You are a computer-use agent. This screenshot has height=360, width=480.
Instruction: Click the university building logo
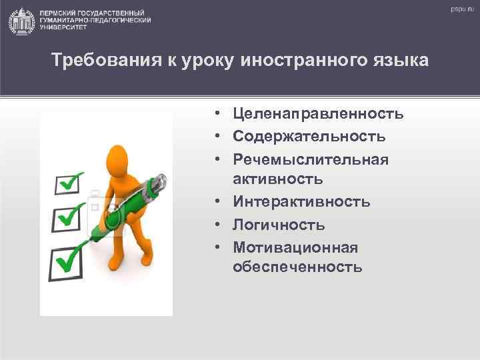tap(22, 21)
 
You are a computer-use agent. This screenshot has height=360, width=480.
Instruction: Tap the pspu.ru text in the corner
tap(459, 10)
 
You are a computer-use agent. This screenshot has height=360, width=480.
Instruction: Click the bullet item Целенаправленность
tap(318, 114)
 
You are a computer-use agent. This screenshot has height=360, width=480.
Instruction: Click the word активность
tap(278, 179)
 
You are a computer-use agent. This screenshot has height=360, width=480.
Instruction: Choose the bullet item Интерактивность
tap(301, 201)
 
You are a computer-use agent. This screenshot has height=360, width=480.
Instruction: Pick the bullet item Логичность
tap(279, 224)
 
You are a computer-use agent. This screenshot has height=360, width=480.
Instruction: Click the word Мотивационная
tap(295, 247)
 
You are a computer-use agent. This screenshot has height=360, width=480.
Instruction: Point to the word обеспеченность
tap(297, 267)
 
